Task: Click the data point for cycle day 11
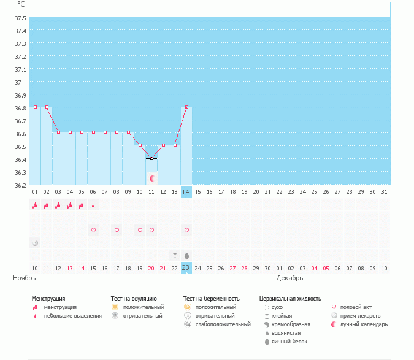(151, 158)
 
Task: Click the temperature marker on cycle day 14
(186, 107)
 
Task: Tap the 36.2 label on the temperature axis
(20, 185)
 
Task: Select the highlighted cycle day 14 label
(186, 192)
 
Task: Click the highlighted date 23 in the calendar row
(186, 268)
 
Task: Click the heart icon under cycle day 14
(186, 230)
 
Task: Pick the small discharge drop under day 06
(93, 205)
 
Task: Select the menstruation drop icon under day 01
(35, 205)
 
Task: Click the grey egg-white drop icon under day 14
(186, 255)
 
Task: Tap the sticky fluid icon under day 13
(175, 255)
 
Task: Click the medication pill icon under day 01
(35, 243)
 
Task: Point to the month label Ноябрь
(25, 278)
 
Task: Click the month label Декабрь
(289, 278)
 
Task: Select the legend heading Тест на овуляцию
(134, 299)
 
